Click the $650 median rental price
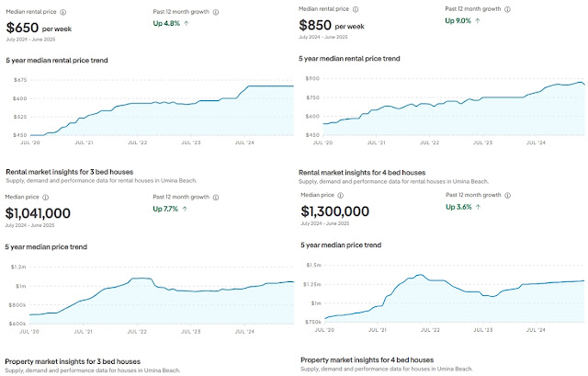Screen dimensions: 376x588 coord(24,28)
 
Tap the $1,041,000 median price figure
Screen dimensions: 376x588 coord(38,213)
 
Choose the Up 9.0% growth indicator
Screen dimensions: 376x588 coord(468,21)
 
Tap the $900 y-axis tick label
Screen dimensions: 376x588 coord(311,80)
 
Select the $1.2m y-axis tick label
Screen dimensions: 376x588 coord(16,266)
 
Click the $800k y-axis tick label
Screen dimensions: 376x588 coord(16,305)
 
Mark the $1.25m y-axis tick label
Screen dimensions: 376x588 coord(311,284)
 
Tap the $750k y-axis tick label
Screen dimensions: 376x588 coord(311,322)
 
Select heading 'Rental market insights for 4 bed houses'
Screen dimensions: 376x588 coord(363,172)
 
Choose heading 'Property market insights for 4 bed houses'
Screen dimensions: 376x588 coord(367,359)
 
